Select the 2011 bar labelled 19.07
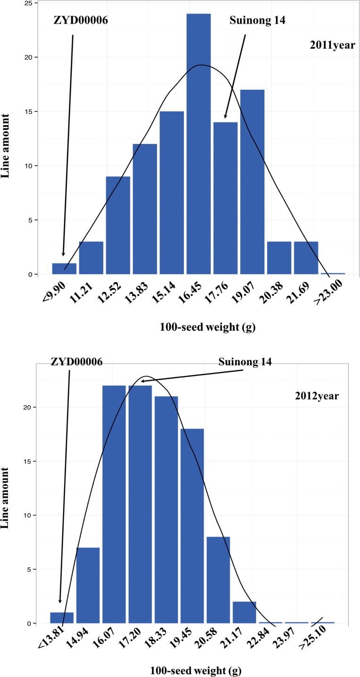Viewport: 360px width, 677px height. [252, 182]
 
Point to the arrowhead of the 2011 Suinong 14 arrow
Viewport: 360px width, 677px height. [226, 117]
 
